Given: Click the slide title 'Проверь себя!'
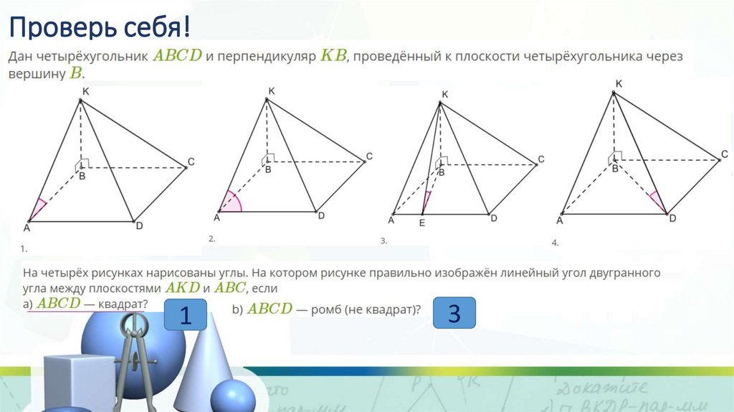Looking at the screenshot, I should tap(100, 29).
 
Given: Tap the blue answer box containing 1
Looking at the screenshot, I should tap(185, 316).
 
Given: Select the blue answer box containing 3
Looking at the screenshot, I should tap(454, 314).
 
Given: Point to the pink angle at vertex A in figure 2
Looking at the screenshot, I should tap(232, 203).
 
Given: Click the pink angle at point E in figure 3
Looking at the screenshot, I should tap(426, 203).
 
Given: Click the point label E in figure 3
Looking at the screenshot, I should tap(422, 223).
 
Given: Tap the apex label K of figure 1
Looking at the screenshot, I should tap(85, 92).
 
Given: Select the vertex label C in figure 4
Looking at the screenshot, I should tap(725, 154).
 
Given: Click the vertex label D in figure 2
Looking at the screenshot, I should tap(321, 215).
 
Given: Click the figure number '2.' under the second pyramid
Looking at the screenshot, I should tap(211, 238).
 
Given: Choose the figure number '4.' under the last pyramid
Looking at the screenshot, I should tap(555, 243).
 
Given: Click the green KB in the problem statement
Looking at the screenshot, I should tap(333, 56).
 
